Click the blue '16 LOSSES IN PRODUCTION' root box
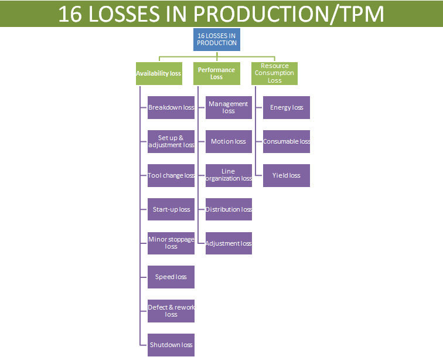click(x=217, y=39)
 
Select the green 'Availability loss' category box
click(x=159, y=74)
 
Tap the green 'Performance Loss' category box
click(x=216, y=74)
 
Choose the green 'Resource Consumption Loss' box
click(x=274, y=74)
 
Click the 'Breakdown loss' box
click(x=171, y=108)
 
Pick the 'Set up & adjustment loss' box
click(x=171, y=142)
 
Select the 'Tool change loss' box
click(x=171, y=176)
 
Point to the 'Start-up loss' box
click(x=171, y=209)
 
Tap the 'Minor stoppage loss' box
click(x=171, y=243)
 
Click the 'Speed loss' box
click(x=171, y=277)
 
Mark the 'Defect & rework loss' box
click(x=171, y=311)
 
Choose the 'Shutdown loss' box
click(x=171, y=345)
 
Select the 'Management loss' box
click(x=229, y=108)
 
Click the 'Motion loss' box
click(x=229, y=142)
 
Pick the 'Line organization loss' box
click(x=229, y=176)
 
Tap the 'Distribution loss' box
click(x=229, y=209)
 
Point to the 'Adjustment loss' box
click(x=229, y=243)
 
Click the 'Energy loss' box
click(x=287, y=108)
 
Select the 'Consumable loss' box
click(x=287, y=142)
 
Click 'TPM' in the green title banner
click(x=358, y=14)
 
